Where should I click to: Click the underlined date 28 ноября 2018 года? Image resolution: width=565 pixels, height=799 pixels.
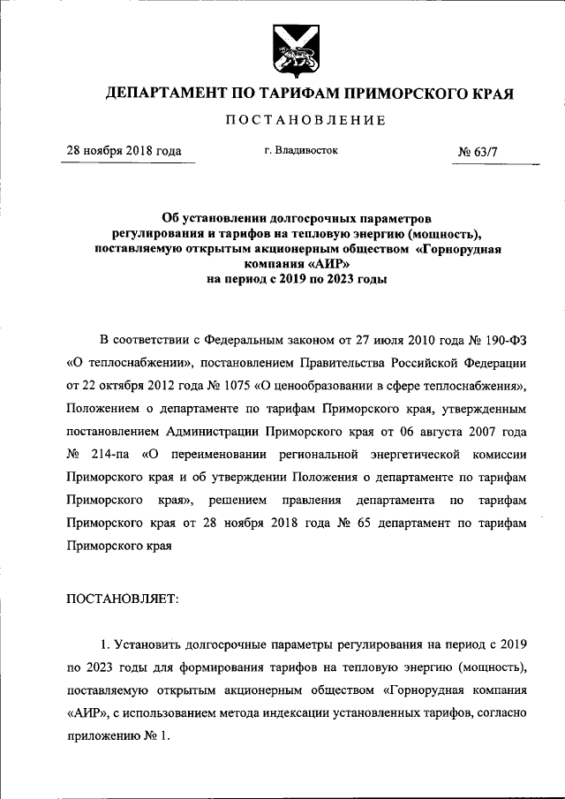point(124,151)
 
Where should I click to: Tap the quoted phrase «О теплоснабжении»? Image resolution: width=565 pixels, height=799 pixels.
point(123,363)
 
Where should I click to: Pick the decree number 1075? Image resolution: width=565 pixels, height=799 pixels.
point(232,386)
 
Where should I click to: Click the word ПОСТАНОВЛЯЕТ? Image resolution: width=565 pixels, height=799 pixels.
point(122,599)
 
